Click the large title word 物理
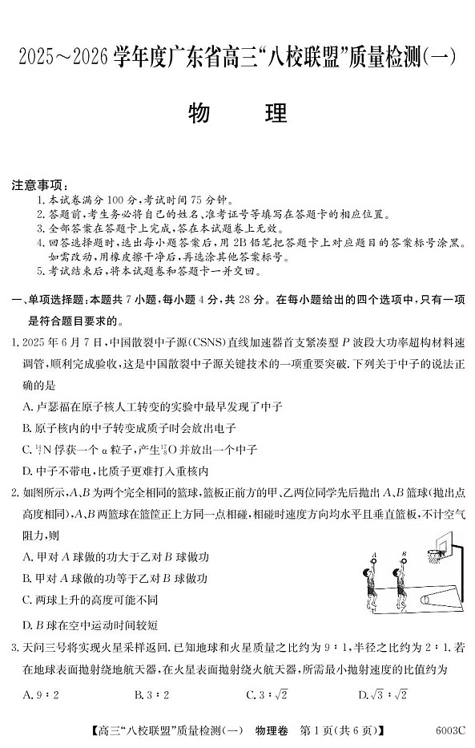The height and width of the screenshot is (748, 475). [237, 114]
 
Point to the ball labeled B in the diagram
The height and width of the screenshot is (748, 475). [405, 560]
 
